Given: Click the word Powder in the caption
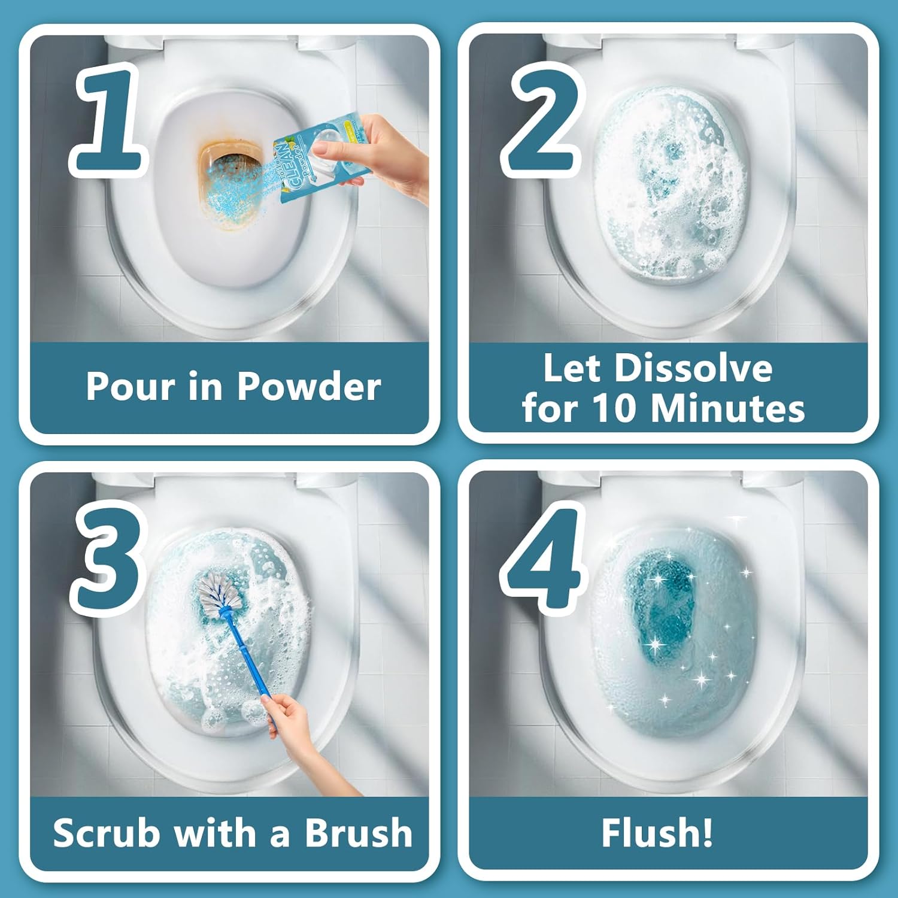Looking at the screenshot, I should coord(309,387).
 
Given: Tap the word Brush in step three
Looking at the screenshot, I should coord(359,833).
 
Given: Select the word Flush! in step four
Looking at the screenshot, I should coord(657,833).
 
